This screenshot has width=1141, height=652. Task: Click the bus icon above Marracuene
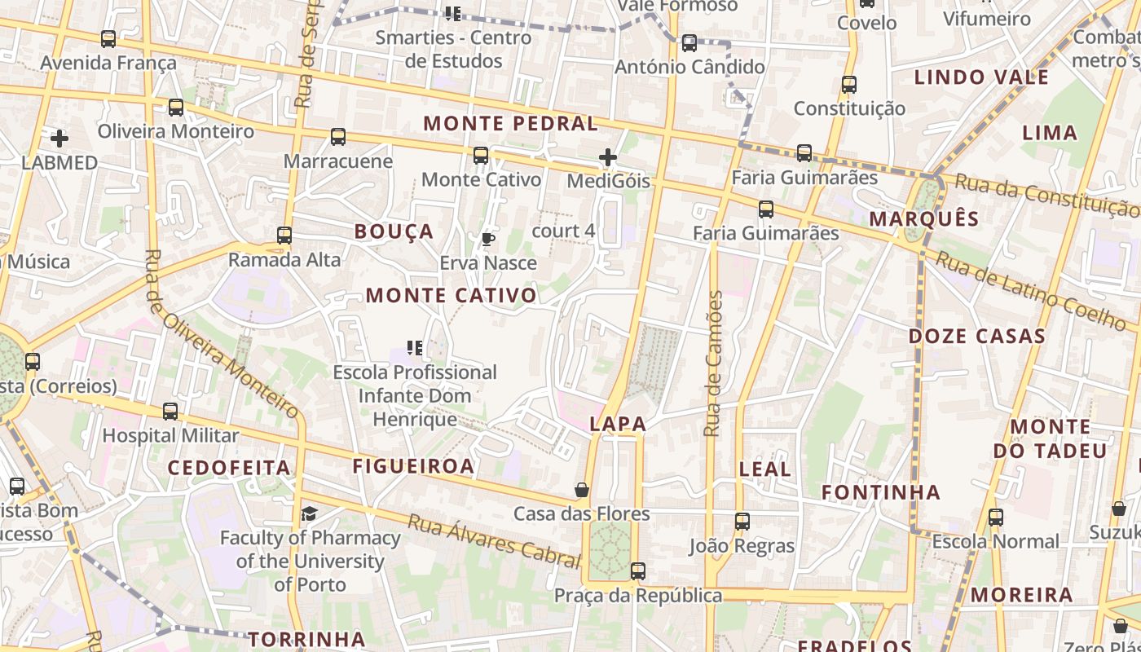coord(338,137)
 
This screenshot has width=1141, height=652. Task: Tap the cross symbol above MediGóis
coord(608,157)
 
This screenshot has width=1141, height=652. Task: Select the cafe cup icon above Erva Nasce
coord(487,239)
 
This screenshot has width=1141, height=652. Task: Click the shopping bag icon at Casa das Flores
coord(582,490)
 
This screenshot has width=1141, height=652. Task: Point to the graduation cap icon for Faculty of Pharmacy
coord(310,513)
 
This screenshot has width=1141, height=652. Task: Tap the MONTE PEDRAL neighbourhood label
coord(511,124)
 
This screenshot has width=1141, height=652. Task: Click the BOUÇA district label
coord(394,231)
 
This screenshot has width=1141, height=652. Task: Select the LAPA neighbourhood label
coord(618,424)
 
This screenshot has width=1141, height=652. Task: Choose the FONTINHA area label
coord(881,492)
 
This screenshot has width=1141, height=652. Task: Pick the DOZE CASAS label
coord(977,336)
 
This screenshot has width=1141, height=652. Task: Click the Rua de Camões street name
coord(713,363)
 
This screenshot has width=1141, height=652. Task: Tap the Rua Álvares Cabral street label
coord(494,540)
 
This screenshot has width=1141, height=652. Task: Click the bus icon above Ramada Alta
coord(284,236)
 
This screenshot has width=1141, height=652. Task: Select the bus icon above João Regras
coord(742,522)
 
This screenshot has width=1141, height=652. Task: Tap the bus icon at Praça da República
coord(638,571)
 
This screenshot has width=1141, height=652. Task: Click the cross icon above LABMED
coord(59,139)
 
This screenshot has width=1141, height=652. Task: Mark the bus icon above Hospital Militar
coord(170,412)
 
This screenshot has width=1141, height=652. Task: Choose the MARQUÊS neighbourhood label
coord(923,218)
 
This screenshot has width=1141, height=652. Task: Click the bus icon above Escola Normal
coord(995,517)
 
